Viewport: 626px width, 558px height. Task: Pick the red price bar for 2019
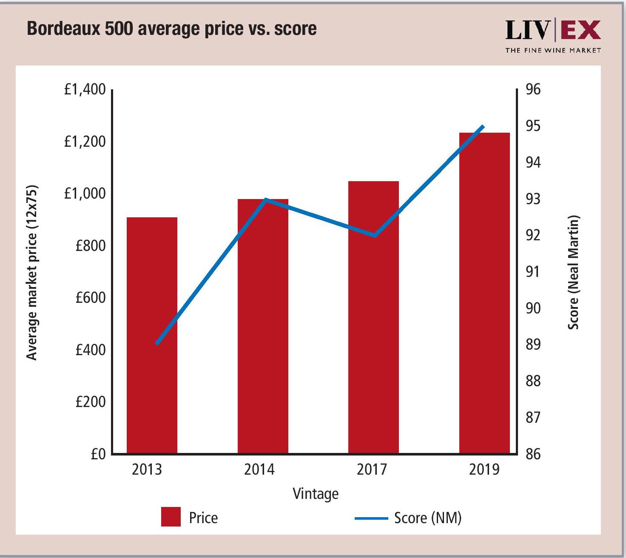pyautogui.click(x=484, y=293)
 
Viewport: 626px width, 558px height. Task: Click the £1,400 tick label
pyautogui.click(x=85, y=89)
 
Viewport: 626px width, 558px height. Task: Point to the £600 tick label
pyautogui.click(x=90, y=298)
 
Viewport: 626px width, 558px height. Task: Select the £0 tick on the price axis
pyautogui.click(x=98, y=454)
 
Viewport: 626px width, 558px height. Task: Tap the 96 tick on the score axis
pyautogui.click(x=533, y=89)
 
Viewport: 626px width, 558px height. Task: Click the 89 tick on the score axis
pyautogui.click(x=533, y=344)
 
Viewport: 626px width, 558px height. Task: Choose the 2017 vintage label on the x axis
pyautogui.click(x=372, y=470)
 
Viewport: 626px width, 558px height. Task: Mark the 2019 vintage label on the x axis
pyautogui.click(x=484, y=470)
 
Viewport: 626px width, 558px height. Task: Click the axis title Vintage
pyautogui.click(x=316, y=494)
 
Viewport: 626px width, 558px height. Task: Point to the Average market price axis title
pyautogui.click(x=32, y=272)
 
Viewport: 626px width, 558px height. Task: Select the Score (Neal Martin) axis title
pyautogui.click(x=574, y=272)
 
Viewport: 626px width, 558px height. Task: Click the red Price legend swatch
pyautogui.click(x=171, y=517)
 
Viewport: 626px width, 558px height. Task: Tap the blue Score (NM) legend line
pyautogui.click(x=371, y=518)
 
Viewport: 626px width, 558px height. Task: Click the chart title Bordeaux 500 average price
pyautogui.click(x=172, y=29)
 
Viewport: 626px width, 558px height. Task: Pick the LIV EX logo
pyautogui.click(x=553, y=30)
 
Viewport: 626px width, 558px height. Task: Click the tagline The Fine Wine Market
pyautogui.click(x=553, y=50)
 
